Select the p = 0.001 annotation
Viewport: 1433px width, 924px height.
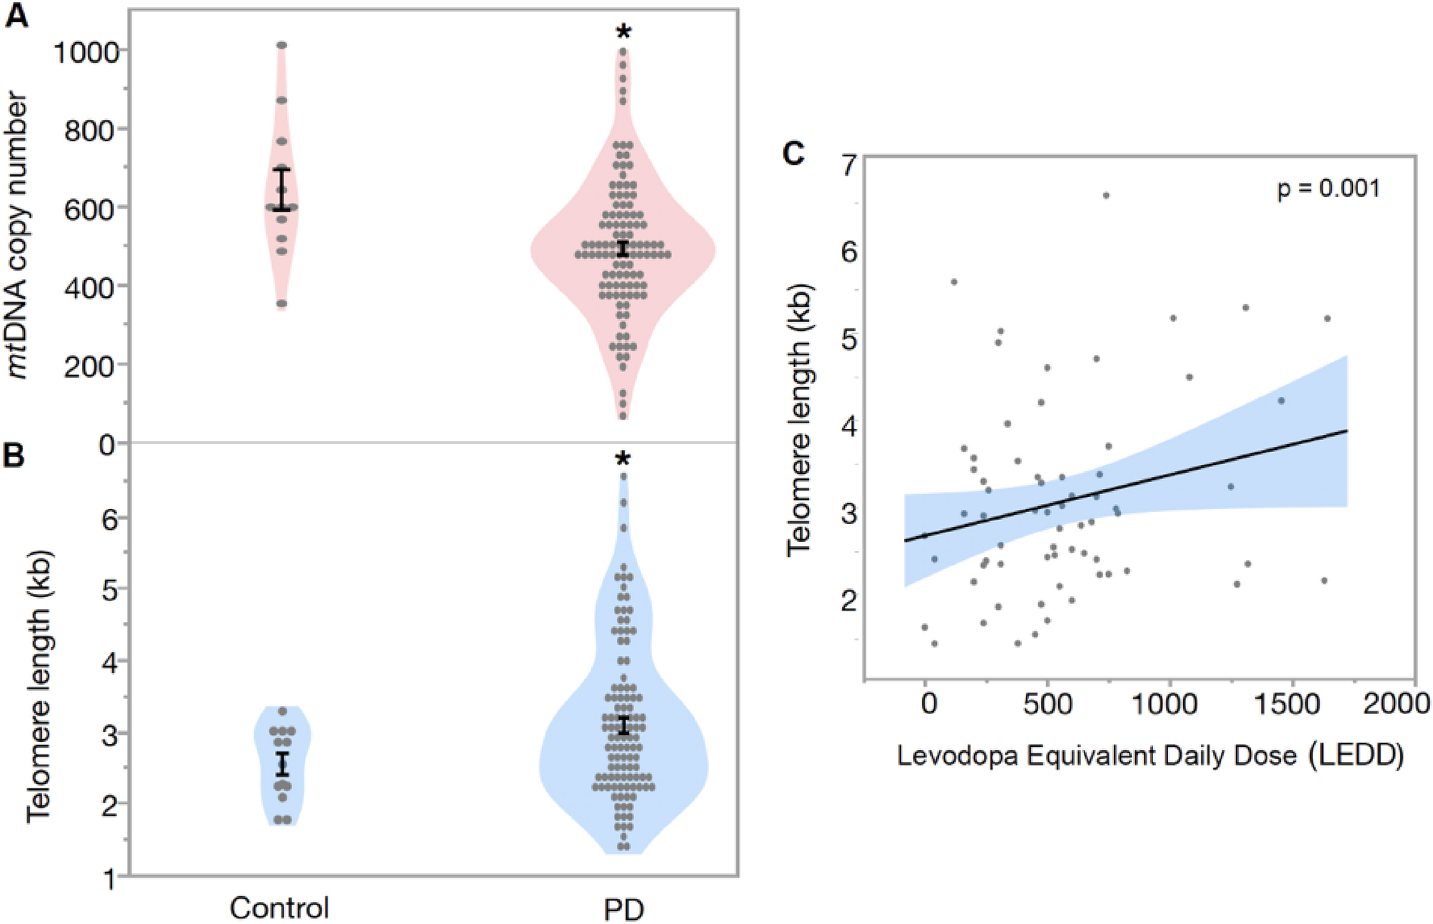(x=1328, y=189)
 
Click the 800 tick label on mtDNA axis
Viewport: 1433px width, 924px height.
(x=91, y=131)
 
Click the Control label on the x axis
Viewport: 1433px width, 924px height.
(x=279, y=908)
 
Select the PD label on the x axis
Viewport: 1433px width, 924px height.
(x=624, y=910)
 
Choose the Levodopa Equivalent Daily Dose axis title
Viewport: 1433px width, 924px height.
(x=1150, y=755)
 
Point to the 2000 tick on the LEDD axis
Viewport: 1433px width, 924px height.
(x=1396, y=705)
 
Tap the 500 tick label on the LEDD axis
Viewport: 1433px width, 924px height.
(x=1047, y=705)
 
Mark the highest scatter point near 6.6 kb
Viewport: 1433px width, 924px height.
(x=1106, y=195)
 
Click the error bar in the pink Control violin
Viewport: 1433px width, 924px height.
(x=282, y=189)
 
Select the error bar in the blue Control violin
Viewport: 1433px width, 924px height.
(x=283, y=764)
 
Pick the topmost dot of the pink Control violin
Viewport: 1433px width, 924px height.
(x=282, y=46)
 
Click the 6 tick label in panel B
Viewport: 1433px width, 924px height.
(x=109, y=520)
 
